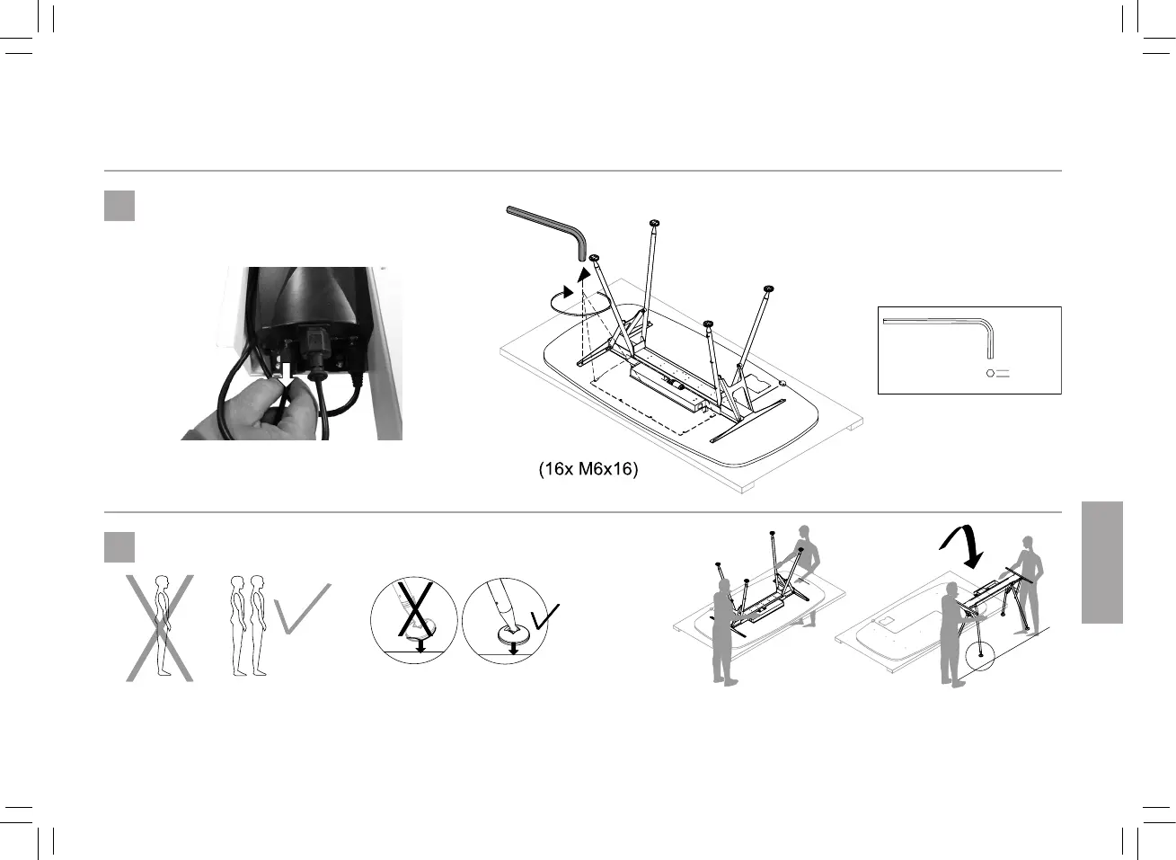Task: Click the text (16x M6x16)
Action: (x=588, y=469)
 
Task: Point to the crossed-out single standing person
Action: (x=160, y=627)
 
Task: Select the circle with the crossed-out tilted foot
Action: (x=414, y=621)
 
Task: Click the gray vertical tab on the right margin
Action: (x=1102, y=563)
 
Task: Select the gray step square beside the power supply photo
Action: (x=119, y=206)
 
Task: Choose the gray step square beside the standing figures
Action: (x=119, y=547)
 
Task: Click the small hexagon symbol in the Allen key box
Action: (x=990, y=373)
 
